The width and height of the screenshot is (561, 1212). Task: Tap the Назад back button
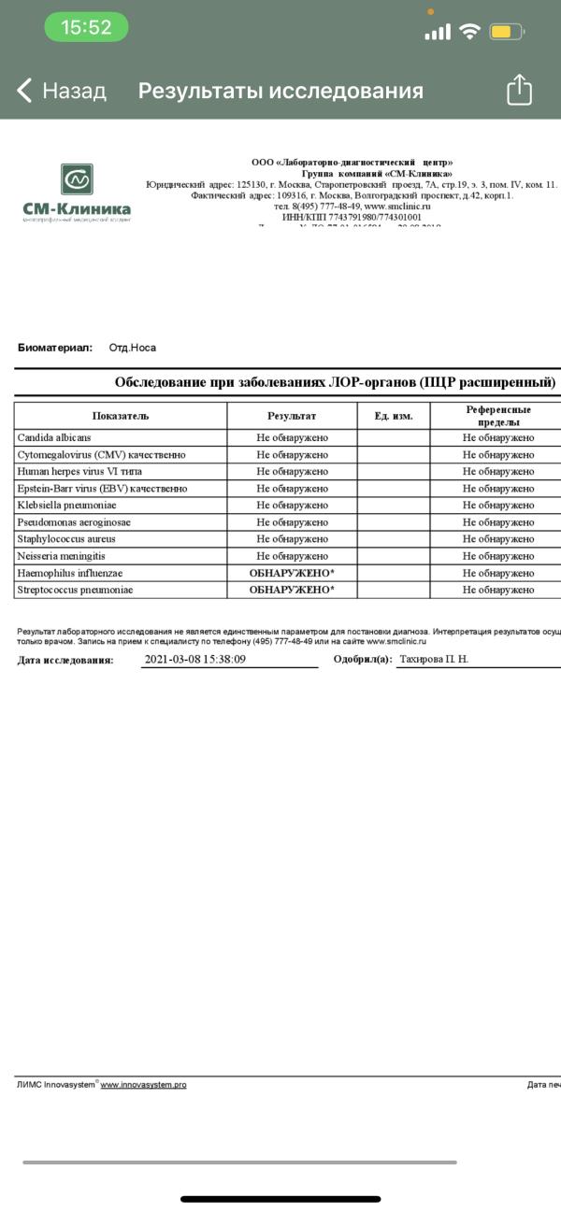(x=62, y=91)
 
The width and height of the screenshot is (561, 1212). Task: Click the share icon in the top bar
(x=519, y=90)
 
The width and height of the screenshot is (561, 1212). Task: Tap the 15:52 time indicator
(x=86, y=28)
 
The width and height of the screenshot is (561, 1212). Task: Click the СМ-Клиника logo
(x=77, y=192)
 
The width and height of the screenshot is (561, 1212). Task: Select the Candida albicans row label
(x=54, y=437)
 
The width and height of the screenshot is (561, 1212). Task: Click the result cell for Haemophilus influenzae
(x=292, y=573)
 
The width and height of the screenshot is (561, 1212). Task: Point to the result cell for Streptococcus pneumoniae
(x=292, y=590)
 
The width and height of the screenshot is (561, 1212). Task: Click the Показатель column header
(x=120, y=416)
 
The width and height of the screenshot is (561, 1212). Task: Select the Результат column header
(x=292, y=416)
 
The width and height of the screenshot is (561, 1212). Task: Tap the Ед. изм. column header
(x=394, y=416)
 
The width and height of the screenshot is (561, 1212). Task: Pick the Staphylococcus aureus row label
(x=66, y=539)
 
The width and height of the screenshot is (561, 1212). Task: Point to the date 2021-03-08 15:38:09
(x=195, y=659)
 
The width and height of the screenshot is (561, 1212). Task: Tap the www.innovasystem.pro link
(x=143, y=1085)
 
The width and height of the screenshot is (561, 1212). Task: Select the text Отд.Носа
(x=132, y=348)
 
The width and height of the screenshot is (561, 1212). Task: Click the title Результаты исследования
(x=280, y=91)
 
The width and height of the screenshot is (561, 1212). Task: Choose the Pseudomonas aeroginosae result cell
(x=292, y=522)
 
